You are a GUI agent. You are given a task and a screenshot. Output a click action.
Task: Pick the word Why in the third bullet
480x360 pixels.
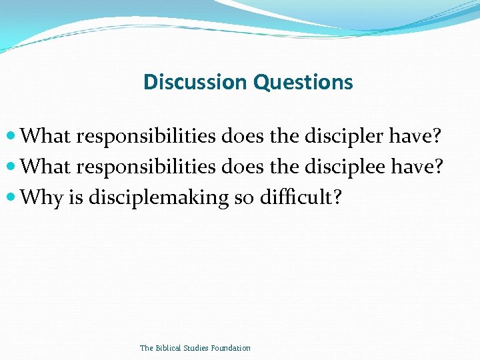(42, 197)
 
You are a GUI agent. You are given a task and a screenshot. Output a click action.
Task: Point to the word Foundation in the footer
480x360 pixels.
(230, 348)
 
